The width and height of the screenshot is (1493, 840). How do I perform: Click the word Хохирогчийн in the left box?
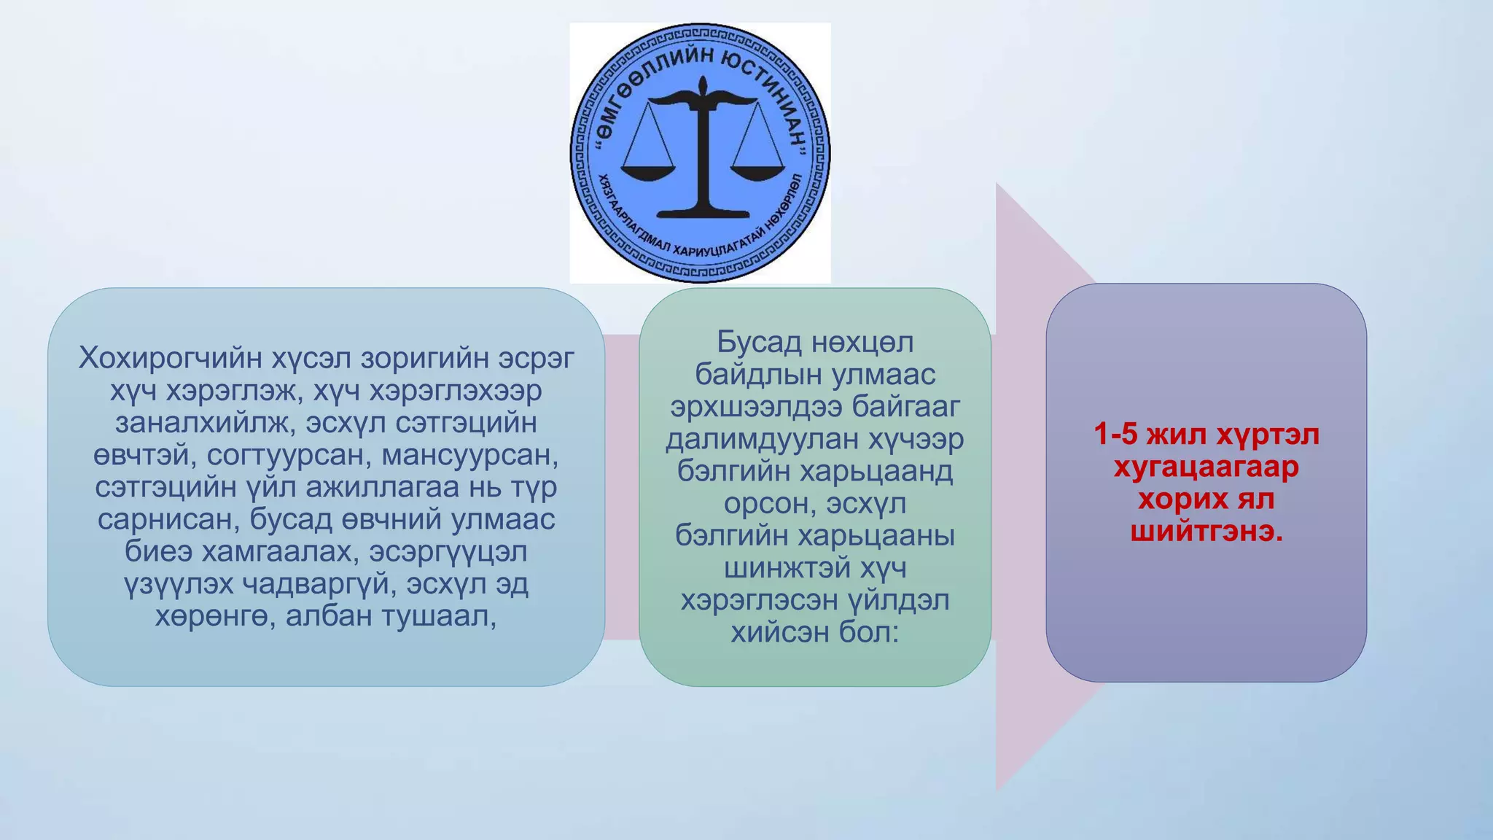click(x=170, y=358)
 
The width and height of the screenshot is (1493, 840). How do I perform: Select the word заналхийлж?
click(x=206, y=423)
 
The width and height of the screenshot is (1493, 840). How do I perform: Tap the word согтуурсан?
click(x=289, y=455)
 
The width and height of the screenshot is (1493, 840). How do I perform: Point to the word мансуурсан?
click(x=470, y=455)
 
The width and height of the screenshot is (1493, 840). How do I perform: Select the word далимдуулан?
click(x=763, y=439)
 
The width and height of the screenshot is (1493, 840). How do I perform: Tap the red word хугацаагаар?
click(x=1207, y=467)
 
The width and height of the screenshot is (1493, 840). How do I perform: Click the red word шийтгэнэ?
click(x=1207, y=532)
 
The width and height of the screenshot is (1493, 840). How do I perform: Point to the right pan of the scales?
click(x=758, y=172)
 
